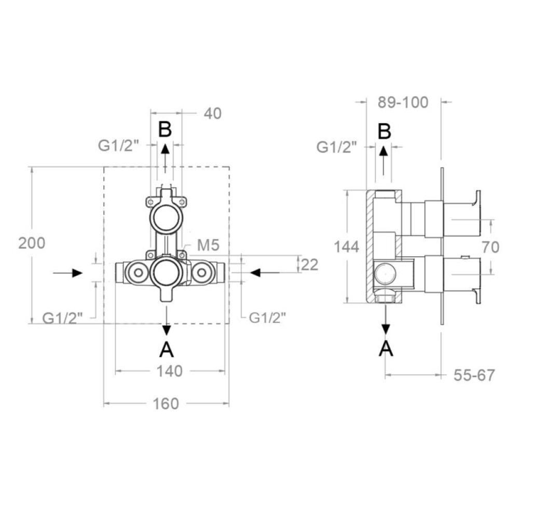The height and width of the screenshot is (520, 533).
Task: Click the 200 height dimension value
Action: tap(31, 243)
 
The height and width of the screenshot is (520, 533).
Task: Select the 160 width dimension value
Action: tap(166, 404)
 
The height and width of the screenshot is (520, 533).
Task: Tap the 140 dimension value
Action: tap(169, 371)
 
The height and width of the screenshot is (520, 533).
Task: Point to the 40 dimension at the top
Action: tap(213, 114)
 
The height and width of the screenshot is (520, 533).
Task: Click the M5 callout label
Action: tap(208, 245)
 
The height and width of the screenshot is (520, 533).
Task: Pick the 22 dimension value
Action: tap(310, 265)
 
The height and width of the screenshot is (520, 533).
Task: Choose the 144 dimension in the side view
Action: tap(346, 247)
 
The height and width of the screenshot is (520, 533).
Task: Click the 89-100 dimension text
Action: tap(403, 103)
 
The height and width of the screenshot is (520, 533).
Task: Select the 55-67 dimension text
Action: tap(474, 375)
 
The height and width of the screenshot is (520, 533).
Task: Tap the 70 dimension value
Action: tap(490, 247)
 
